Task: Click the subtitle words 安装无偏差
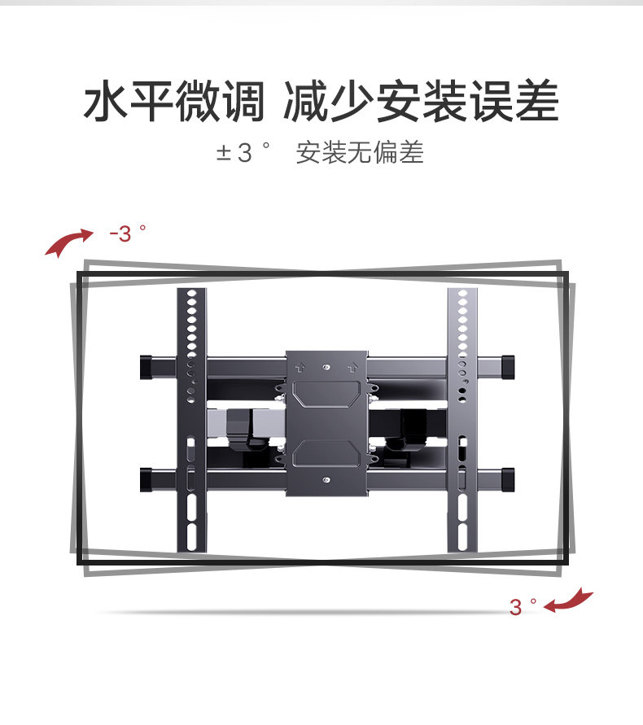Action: coord(360,153)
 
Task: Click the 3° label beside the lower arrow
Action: coord(523,606)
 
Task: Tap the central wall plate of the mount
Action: coord(326,423)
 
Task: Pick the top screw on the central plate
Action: coord(326,368)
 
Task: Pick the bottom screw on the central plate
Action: coord(326,480)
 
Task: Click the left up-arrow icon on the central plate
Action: coord(299,366)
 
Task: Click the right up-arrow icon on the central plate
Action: coord(353,366)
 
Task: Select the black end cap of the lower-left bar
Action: coord(147,478)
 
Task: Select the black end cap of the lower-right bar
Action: coord(505,478)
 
